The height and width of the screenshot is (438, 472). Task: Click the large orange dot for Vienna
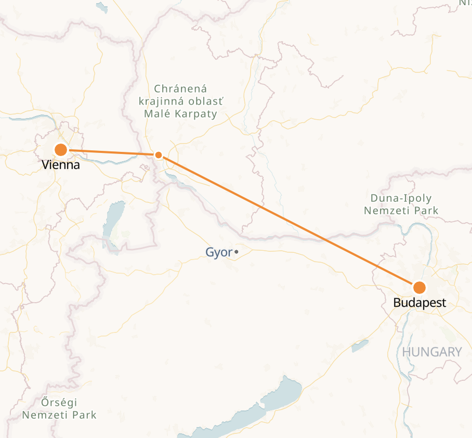click(x=61, y=150)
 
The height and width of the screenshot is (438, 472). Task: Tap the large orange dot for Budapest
click(x=419, y=288)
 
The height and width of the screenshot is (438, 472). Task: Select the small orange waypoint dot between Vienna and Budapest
click(x=159, y=154)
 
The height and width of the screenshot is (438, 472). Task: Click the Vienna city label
click(x=61, y=165)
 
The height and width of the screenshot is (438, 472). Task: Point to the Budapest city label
click(x=419, y=303)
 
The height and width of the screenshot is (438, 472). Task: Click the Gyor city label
click(x=219, y=253)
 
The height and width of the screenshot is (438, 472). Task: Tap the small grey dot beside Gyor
click(x=237, y=252)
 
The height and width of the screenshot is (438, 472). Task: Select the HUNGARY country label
click(x=431, y=352)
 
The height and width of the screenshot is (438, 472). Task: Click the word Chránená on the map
click(x=180, y=89)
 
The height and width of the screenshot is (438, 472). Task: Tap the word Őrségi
click(x=59, y=403)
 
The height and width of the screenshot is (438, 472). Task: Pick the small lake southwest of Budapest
click(x=360, y=345)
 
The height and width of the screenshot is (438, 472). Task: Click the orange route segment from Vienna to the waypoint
click(x=109, y=152)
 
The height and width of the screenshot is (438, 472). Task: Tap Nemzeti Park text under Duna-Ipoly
click(x=401, y=211)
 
